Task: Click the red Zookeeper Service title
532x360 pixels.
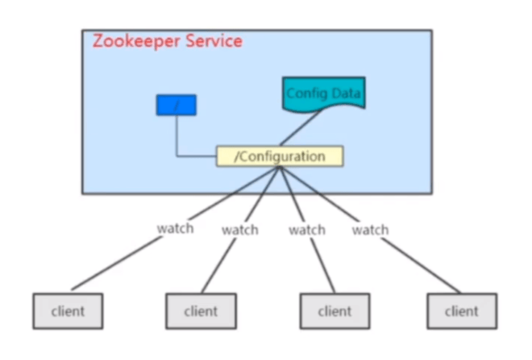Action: tap(167, 41)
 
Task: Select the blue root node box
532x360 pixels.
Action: tap(176, 105)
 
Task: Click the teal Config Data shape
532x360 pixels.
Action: tap(323, 95)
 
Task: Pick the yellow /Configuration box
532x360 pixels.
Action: tap(280, 156)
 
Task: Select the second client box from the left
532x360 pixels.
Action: tap(201, 310)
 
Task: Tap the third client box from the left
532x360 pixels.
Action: tap(335, 310)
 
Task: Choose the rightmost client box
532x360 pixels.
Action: tap(462, 310)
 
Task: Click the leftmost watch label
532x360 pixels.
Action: tap(175, 228)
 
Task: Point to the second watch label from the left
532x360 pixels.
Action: tap(240, 230)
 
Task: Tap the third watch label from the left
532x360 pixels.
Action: tap(306, 230)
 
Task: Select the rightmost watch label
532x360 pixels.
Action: tap(370, 230)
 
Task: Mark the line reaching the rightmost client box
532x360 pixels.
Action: tap(419, 266)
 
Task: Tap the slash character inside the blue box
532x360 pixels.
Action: tap(175, 105)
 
